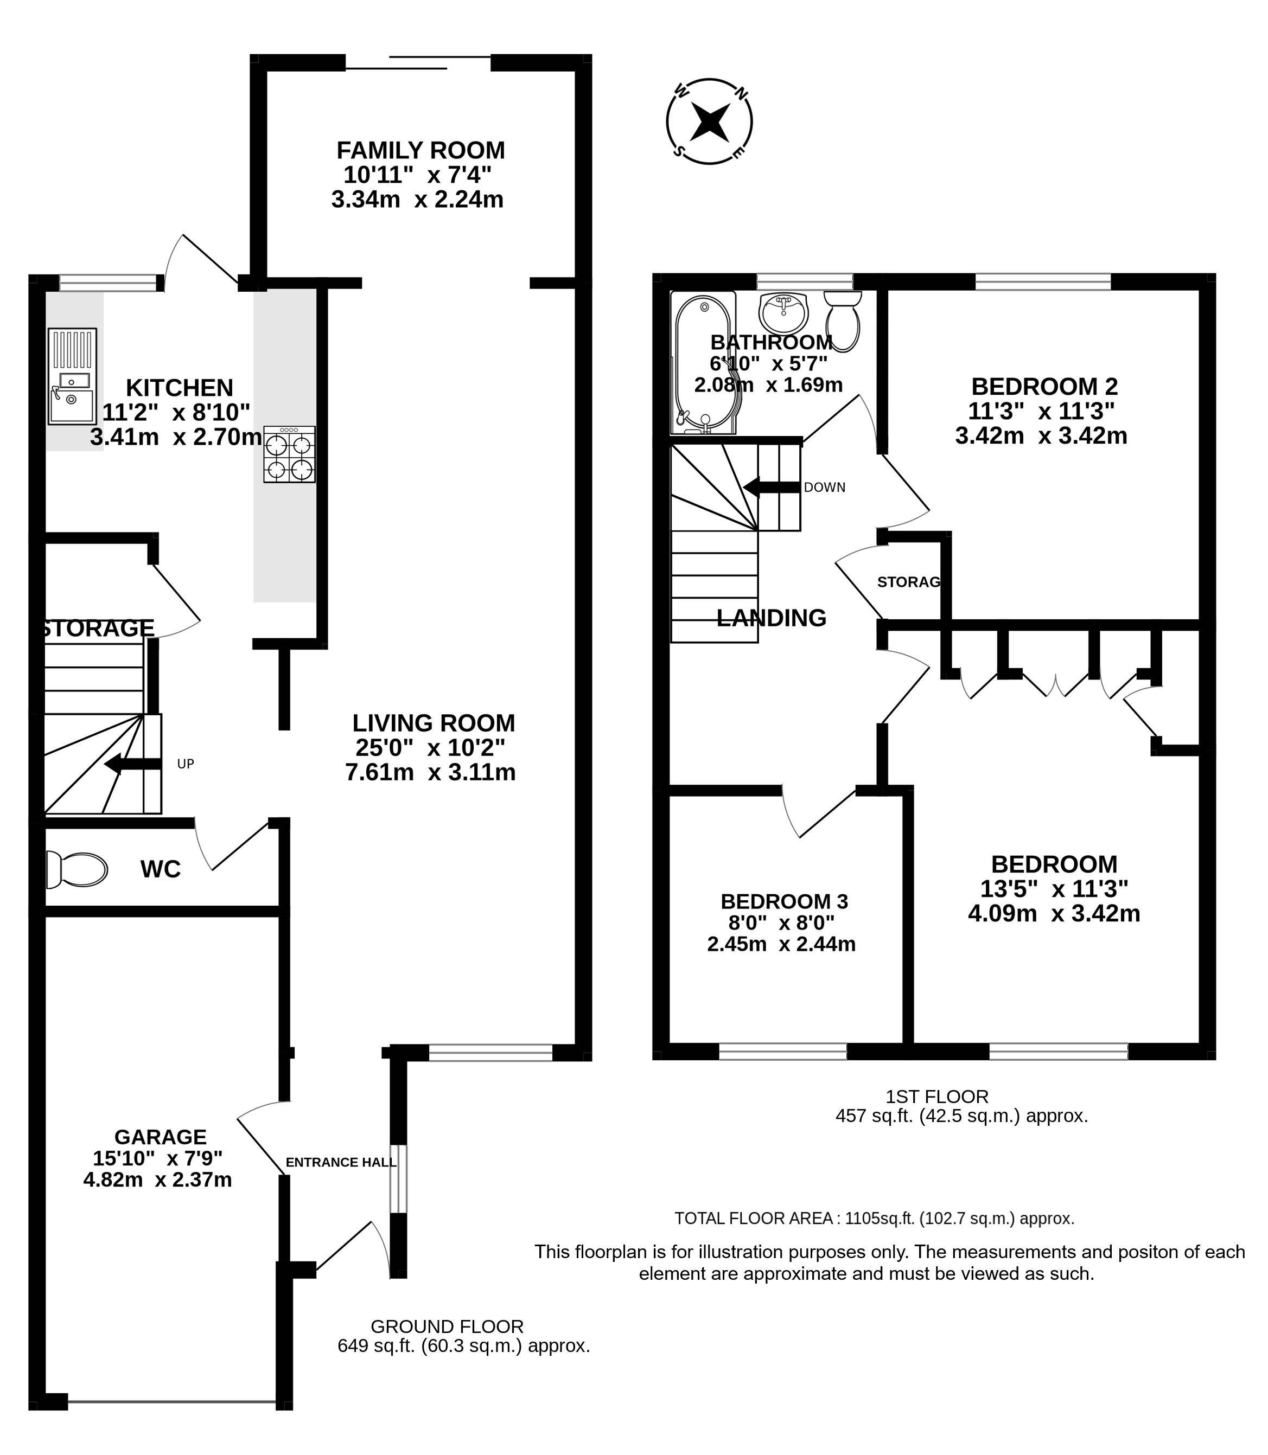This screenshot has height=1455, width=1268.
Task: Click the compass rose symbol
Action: [x=709, y=121]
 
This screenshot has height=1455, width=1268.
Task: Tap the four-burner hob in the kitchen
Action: [x=289, y=454]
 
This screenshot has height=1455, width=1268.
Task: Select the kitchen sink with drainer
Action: [x=72, y=376]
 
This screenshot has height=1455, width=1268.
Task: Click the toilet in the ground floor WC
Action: [x=77, y=869]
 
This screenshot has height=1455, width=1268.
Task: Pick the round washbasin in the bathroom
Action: [x=783, y=313]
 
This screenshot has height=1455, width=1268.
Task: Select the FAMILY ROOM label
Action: [x=420, y=151]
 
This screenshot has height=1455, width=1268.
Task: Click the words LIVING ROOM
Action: [x=434, y=723]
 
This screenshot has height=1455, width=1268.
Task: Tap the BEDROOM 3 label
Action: [x=784, y=901]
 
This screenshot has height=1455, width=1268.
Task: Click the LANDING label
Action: [x=772, y=618]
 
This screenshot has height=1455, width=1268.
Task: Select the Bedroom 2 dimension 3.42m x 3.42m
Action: [x=1041, y=435]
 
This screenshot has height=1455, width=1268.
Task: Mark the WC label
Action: [x=161, y=869]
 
